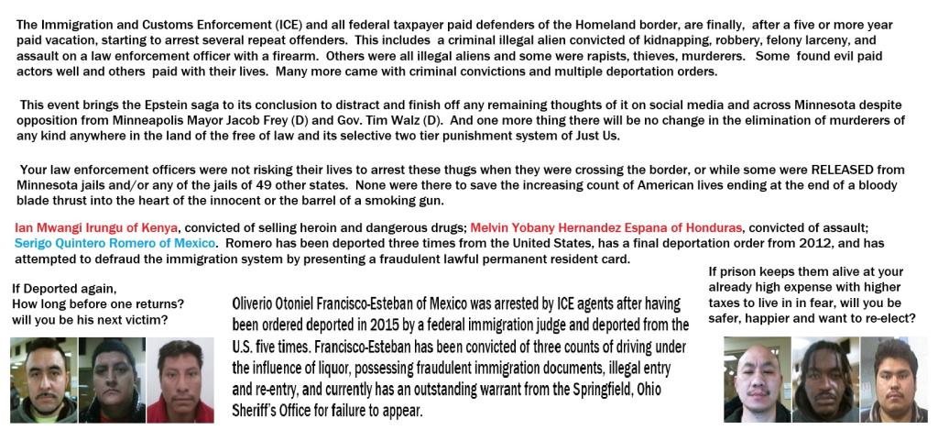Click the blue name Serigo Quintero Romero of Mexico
coord(114,243)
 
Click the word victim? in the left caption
coord(153,320)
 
